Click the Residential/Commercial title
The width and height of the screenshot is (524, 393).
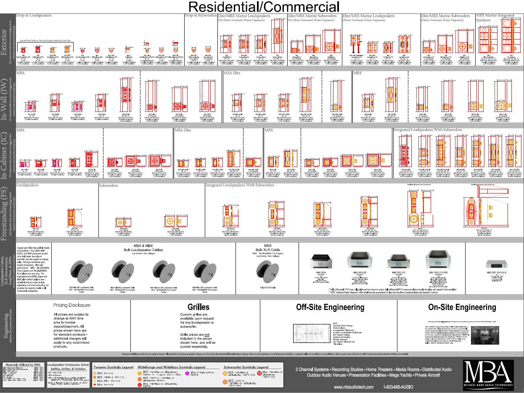pyautogui.click(x=263, y=6)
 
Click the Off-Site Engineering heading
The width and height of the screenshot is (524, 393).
pyautogui.click(x=324, y=307)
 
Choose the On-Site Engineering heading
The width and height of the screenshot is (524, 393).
pyautogui.click(x=462, y=307)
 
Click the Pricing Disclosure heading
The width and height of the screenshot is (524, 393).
pyautogui.click(x=72, y=305)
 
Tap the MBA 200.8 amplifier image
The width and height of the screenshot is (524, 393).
pyautogui.click(x=321, y=262)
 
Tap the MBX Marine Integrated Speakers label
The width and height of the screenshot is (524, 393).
pyautogui.click(x=495, y=18)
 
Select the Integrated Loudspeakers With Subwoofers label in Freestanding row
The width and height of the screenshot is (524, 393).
pyautogui.click(x=240, y=185)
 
